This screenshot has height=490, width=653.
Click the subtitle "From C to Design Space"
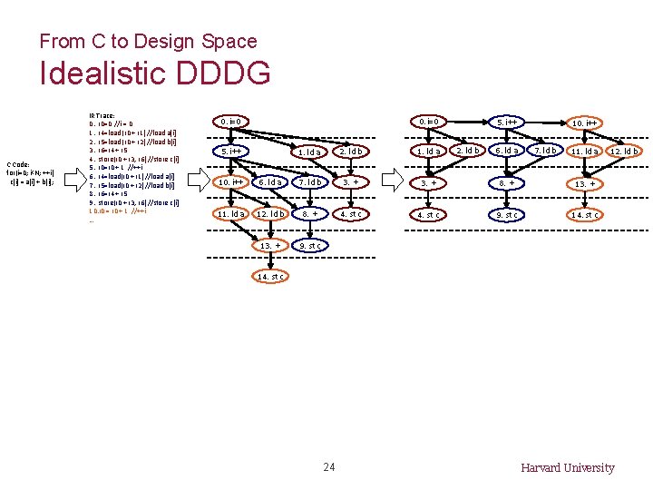click(x=148, y=41)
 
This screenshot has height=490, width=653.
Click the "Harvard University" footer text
click(x=567, y=467)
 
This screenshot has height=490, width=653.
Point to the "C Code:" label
click(x=24, y=164)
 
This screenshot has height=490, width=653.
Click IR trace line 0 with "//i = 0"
click(x=112, y=124)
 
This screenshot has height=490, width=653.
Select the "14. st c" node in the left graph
click(x=272, y=276)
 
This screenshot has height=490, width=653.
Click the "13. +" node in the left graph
click(x=271, y=245)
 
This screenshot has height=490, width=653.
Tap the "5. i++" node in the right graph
click(x=506, y=122)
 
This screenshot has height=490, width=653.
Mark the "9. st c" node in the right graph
click(x=506, y=215)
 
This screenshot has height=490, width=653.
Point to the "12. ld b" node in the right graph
click(x=624, y=151)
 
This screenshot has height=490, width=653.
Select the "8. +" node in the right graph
click(x=506, y=183)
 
